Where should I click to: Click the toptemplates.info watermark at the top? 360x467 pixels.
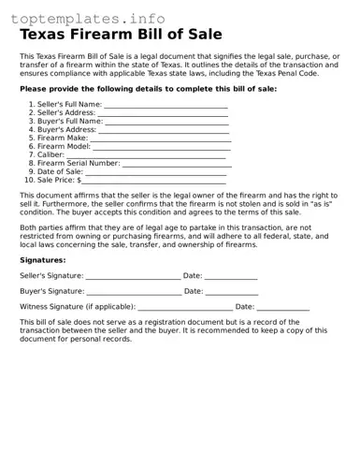coord(88,19)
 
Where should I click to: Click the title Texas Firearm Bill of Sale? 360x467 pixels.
coord(122,35)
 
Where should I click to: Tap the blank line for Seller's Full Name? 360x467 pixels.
coord(166,105)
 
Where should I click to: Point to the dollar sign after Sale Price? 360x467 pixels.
coord(79,180)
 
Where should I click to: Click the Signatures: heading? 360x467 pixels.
coord(43,259)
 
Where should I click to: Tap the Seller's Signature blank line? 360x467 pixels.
coord(133,277)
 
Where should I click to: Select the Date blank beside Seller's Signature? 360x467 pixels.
coord(230,277)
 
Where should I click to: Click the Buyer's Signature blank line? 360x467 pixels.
coord(133,292)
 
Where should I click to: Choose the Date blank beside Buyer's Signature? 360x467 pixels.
coord(231,292)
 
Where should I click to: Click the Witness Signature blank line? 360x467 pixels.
coord(185,307)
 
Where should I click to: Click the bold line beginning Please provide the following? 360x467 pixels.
coord(148,89)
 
